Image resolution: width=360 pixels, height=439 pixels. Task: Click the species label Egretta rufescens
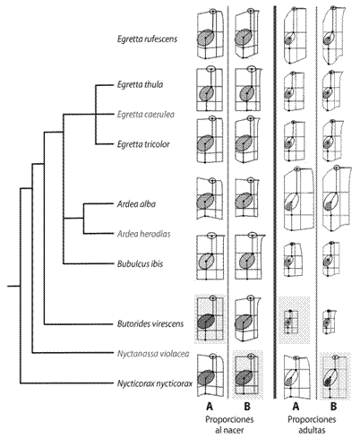[x=147, y=39]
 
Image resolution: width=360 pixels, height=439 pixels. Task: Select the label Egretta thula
[x=140, y=84]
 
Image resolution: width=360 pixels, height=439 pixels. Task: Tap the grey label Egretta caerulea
[x=146, y=115]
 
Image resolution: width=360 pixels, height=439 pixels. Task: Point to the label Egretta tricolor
[x=143, y=144]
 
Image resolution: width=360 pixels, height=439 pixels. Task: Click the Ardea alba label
[x=136, y=204]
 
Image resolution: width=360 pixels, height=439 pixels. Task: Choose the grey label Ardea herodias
[x=144, y=234]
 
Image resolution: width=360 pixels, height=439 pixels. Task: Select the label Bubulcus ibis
[x=140, y=263]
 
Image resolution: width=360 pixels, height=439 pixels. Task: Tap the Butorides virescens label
[x=150, y=323]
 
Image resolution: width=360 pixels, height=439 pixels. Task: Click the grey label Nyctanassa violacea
[x=153, y=354]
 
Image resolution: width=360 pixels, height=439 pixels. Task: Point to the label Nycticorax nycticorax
[x=155, y=383]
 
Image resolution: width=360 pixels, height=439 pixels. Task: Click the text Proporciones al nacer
[x=229, y=425]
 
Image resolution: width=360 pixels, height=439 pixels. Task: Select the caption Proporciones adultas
[x=312, y=425]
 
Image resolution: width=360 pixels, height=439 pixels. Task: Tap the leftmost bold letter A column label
[x=210, y=406]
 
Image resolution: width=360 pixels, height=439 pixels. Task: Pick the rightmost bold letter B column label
[x=333, y=406]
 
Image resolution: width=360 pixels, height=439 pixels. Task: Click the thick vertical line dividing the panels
[x=274, y=202]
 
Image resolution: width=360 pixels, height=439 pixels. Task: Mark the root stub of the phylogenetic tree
[x=13, y=286]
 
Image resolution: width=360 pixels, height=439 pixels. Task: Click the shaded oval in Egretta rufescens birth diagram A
[x=205, y=38]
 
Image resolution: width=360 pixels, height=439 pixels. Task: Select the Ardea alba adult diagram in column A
[x=298, y=198]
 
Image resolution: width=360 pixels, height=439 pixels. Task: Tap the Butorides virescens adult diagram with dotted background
[x=295, y=320]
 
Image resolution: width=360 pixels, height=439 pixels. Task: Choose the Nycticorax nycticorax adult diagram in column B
[x=335, y=375]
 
